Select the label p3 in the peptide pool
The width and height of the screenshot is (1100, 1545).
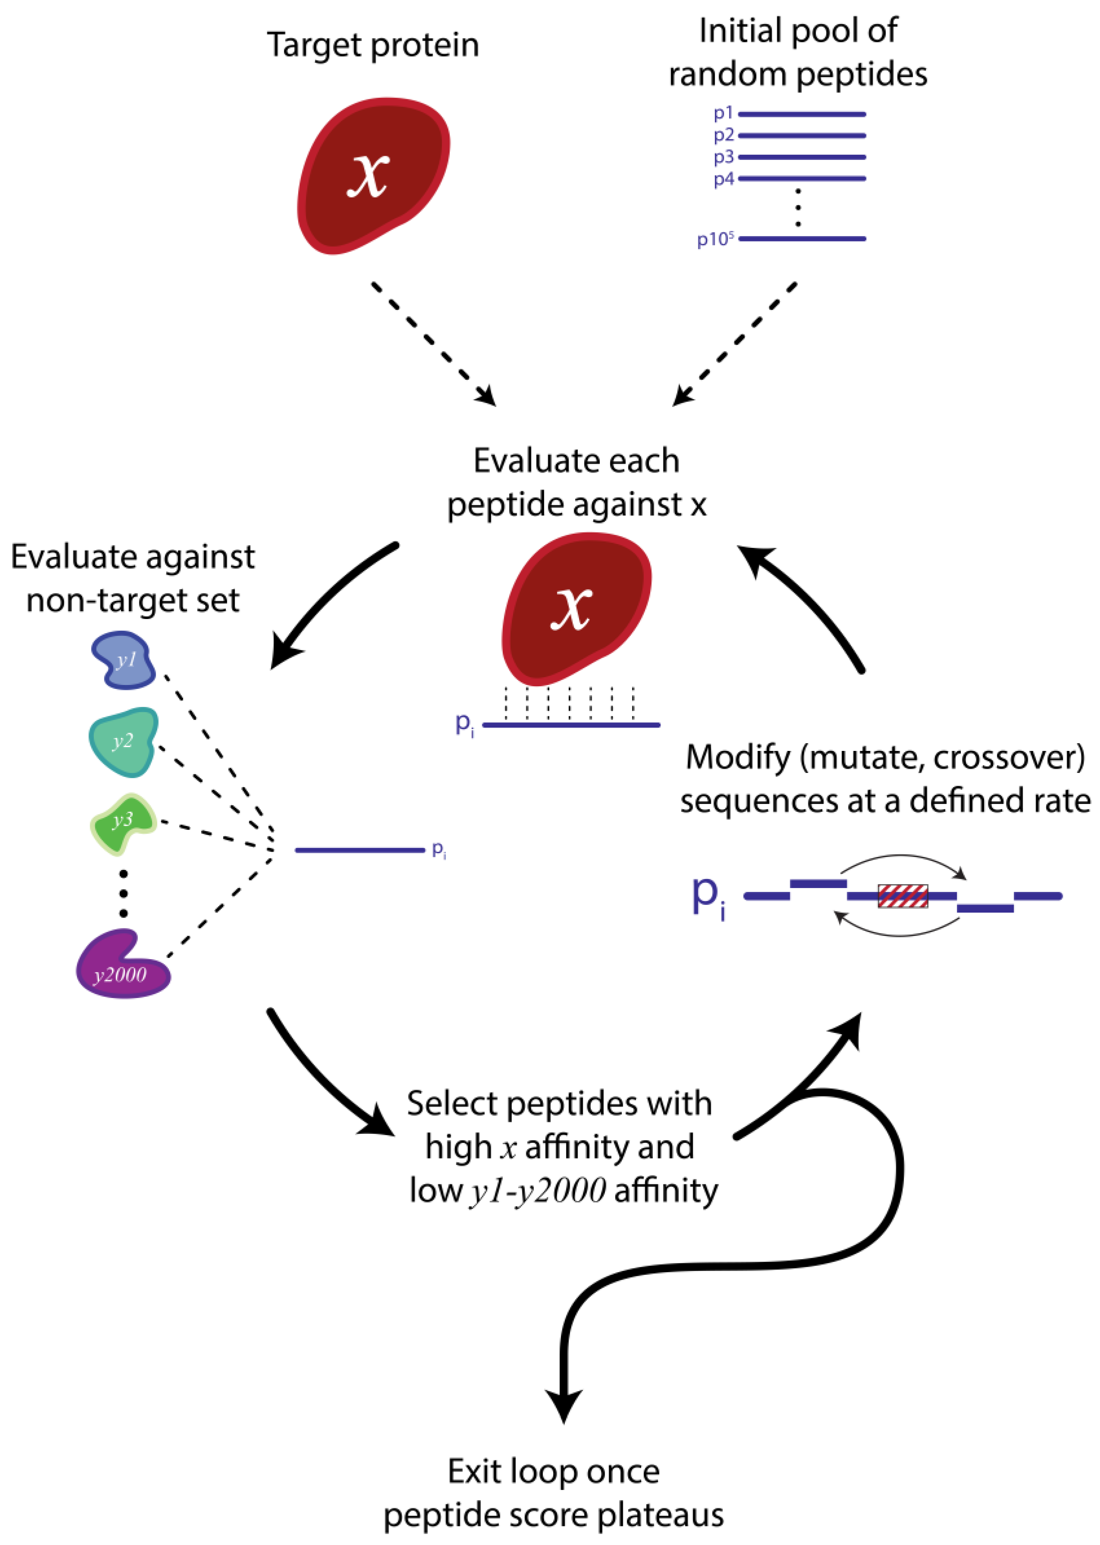723,157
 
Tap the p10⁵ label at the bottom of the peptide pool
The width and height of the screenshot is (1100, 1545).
715,239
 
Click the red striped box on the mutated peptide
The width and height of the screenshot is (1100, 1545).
902,896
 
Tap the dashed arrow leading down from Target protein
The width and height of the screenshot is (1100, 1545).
433,344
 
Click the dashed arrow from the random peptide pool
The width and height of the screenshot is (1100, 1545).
735,344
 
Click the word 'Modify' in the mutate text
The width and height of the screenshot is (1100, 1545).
738,757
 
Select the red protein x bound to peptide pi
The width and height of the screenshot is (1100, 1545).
576,607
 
